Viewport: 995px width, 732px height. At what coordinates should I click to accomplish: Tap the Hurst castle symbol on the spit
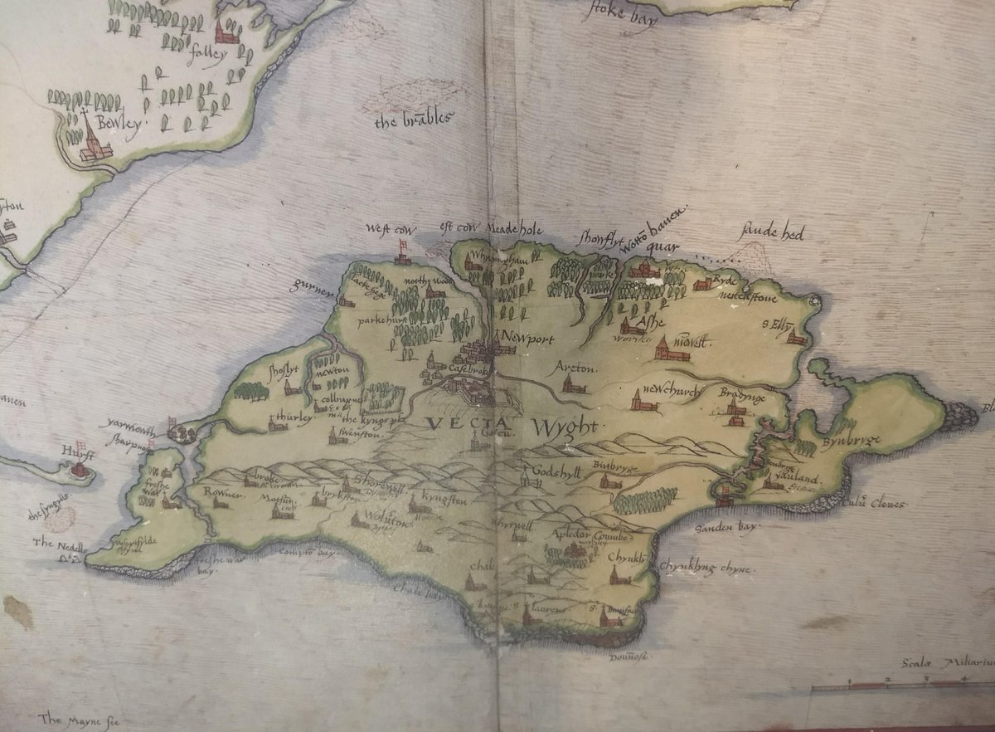[x=80, y=470]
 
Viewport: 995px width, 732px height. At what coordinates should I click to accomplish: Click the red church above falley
[x=225, y=32]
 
